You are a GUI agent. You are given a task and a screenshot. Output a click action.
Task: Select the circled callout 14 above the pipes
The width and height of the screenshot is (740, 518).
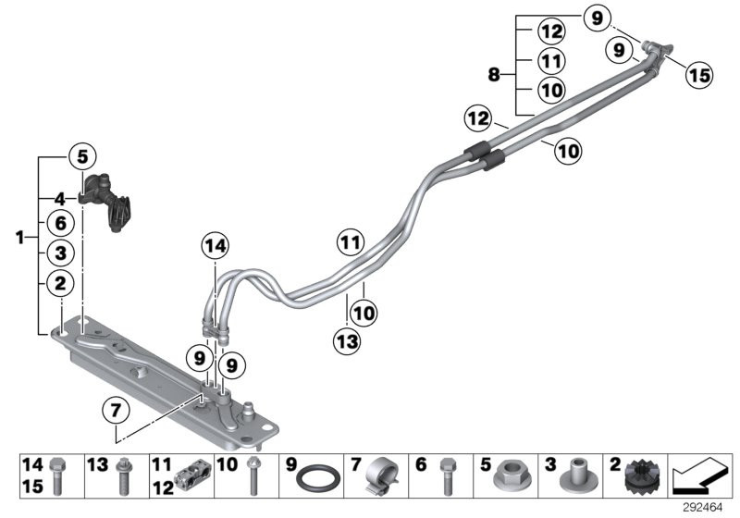click(215, 246)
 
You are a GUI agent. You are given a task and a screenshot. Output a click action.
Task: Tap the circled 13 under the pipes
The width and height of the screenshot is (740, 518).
click(347, 342)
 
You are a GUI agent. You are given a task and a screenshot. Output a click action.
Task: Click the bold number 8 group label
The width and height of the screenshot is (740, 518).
click(494, 74)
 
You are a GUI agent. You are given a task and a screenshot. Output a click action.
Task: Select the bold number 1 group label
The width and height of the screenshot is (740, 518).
click(19, 239)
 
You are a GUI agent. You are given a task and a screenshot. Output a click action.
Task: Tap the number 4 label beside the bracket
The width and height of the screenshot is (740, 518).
click(58, 198)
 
